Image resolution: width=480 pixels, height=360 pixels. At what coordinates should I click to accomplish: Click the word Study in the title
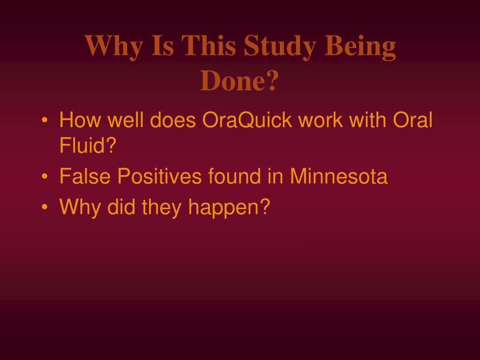280,46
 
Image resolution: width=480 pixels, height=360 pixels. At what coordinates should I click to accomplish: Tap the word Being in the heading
360,46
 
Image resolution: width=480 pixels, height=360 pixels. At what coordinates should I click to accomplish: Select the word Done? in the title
240,80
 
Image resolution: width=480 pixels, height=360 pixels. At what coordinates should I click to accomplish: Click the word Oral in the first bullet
412,120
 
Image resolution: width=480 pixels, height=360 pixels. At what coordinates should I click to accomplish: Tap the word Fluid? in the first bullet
88,145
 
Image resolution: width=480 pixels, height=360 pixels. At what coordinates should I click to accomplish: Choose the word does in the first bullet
172,120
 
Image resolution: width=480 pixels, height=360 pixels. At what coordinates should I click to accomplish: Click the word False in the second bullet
85,176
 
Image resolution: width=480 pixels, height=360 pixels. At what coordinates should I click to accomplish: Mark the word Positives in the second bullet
159,176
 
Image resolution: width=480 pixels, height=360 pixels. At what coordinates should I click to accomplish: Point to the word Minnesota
338,176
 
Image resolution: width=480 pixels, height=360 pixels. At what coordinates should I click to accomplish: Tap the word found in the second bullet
234,176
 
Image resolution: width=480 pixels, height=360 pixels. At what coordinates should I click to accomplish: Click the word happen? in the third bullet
229,208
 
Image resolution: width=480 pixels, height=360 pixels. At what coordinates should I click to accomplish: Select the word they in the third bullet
162,208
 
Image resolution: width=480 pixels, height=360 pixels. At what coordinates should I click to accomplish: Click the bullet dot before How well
45,120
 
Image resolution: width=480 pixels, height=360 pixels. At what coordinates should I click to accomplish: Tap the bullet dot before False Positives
45,177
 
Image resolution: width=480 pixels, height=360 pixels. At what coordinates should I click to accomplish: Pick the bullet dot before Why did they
45,207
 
